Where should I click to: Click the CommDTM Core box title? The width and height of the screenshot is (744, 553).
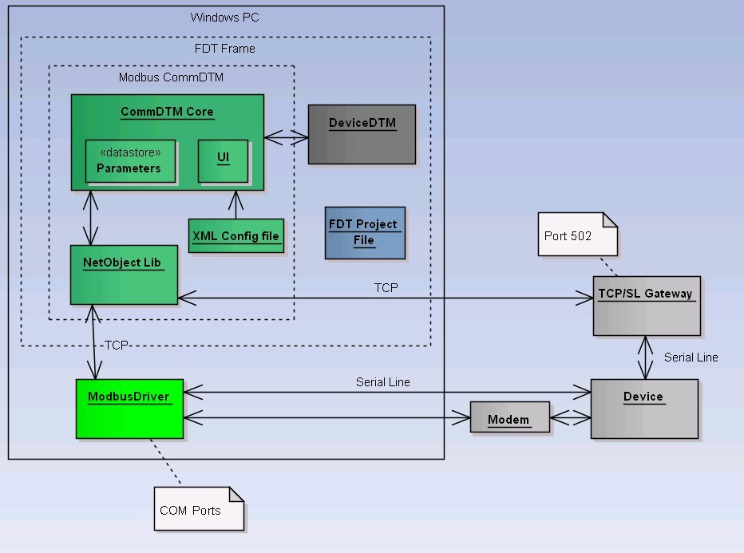point(167,112)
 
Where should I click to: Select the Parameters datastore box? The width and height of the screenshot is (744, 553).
point(130,161)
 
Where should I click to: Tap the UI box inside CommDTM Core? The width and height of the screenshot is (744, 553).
point(223,160)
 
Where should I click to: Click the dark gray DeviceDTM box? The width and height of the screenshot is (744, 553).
point(362,134)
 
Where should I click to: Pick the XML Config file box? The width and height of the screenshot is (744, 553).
point(236,235)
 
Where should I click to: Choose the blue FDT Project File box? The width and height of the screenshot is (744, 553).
point(365,232)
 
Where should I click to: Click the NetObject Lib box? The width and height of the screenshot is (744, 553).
point(124,275)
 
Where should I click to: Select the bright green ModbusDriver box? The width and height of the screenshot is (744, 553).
point(129,409)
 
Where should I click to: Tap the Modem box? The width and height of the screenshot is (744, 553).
point(509,417)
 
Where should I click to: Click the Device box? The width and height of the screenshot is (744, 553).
point(643,409)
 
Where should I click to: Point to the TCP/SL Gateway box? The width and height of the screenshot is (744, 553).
point(646,306)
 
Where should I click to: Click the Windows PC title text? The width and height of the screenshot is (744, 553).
point(224,18)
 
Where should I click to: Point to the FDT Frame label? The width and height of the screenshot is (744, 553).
point(225,49)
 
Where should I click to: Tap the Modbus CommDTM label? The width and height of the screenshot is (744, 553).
point(171,77)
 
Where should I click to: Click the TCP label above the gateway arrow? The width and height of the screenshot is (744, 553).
point(386,287)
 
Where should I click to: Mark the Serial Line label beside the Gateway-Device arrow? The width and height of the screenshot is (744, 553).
point(691,357)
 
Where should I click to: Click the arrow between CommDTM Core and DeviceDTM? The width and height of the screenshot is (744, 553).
point(286,138)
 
